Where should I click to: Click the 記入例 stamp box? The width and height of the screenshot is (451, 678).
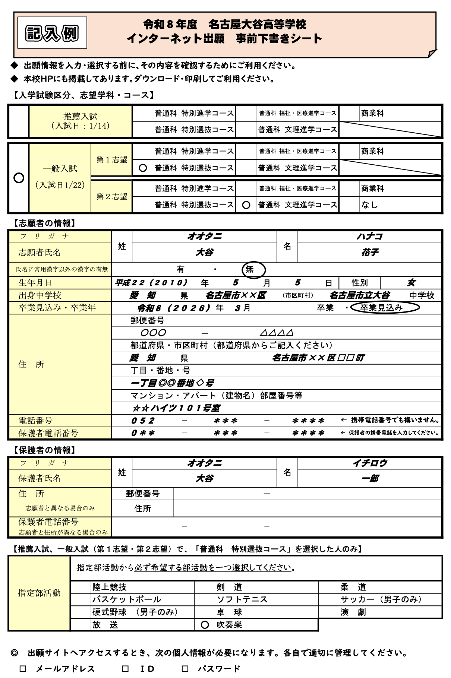52,33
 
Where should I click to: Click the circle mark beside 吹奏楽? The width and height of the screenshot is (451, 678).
205,625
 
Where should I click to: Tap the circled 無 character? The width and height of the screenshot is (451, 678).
253,269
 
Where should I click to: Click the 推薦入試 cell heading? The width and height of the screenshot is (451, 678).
81,121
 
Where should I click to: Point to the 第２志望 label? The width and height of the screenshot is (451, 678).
112,197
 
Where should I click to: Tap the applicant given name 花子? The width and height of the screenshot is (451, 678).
370,253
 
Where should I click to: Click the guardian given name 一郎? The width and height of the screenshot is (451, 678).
370,479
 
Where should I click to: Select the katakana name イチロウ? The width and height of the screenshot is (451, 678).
370,463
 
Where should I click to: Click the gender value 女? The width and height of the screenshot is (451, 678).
411,283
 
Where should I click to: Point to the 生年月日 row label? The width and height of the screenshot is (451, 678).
35,283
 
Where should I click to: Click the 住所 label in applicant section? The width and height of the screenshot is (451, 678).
31,364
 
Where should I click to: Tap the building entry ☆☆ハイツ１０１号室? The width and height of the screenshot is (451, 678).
176,408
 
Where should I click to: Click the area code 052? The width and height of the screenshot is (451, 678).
143,421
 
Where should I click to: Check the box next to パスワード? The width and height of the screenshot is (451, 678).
185,669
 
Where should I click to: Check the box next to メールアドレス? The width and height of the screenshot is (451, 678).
23,669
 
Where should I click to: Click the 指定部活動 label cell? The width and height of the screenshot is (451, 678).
39,593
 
